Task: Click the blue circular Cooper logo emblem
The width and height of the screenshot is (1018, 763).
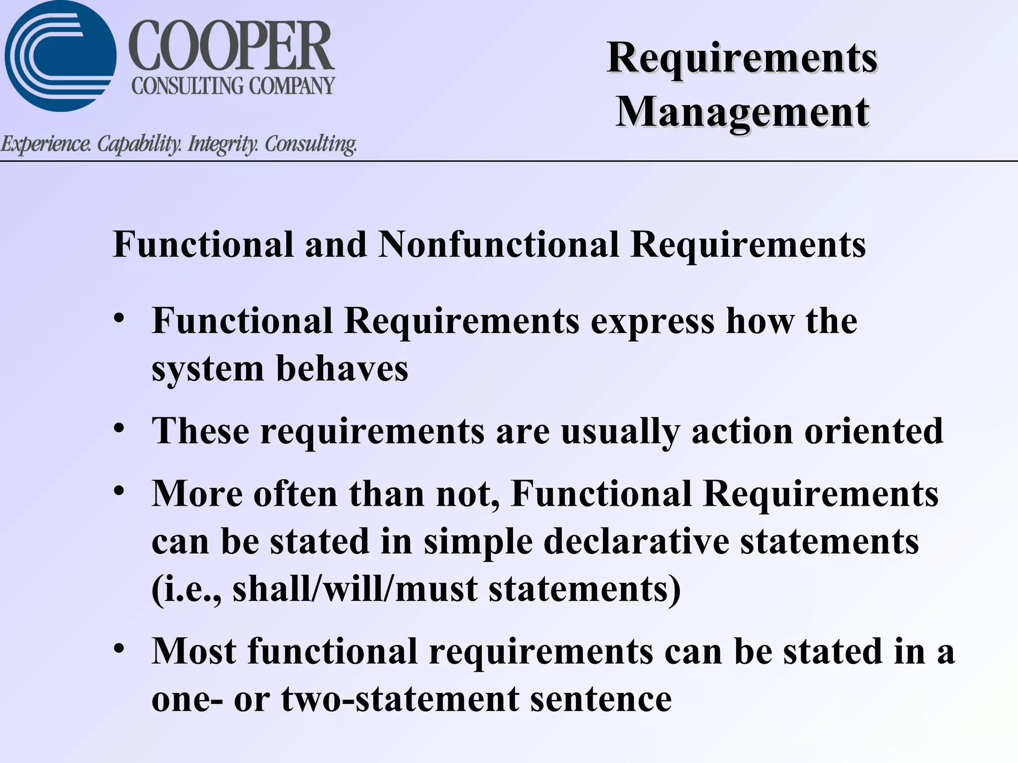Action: (x=60, y=56)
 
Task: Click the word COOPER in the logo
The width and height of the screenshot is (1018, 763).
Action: (x=231, y=47)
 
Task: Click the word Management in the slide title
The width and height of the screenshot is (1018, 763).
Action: (x=743, y=112)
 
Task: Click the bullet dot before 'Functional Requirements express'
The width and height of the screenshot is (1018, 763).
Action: (x=118, y=318)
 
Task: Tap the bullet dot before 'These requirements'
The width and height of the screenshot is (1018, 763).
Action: (x=118, y=428)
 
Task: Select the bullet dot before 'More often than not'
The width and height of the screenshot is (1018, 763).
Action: (x=118, y=491)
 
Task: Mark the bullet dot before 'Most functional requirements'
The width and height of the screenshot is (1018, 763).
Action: (x=118, y=649)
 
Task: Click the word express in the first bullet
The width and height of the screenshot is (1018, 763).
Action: (x=652, y=322)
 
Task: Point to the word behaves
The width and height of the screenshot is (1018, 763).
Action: (x=342, y=369)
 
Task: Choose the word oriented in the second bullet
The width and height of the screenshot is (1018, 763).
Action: (x=873, y=431)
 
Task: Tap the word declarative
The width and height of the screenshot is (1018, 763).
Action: (x=636, y=541)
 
